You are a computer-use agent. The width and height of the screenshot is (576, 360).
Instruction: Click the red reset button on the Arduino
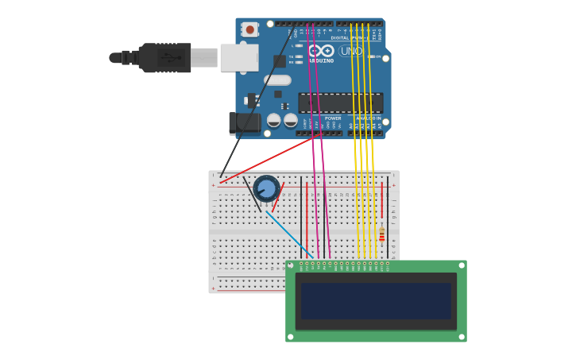pyautogui.click(x=250, y=29)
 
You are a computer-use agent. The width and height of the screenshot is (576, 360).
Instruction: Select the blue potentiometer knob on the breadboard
pyautogui.click(x=266, y=188)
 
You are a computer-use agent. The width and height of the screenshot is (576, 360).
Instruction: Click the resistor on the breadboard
pyautogui.click(x=382, y=234)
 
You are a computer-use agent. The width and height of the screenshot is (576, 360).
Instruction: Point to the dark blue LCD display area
pyautogui.click(x=376, y=301)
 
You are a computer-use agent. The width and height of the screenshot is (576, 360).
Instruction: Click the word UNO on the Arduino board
pyautogui.click(x=351, y=51)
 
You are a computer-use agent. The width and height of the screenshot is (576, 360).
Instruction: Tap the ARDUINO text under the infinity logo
pyautogui.click(x=321, y=60)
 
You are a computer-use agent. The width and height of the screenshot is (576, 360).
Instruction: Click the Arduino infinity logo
pyautogui.click(x=321, y=51)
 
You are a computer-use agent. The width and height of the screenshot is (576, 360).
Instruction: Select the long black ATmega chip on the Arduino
pyautogui.click(x=340, y=103)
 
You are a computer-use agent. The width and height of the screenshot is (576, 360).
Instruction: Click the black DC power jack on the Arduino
pyautogui.click(x=244, y=122)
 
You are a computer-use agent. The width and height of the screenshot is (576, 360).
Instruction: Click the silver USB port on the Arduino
pyautogui.click(x=238, y=57)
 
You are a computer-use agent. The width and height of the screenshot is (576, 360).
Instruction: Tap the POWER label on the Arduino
pyautogui.click(x=333, y=118)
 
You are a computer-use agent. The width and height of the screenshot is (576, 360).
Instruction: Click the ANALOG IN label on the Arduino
pyautogui.click(x=367, y=118)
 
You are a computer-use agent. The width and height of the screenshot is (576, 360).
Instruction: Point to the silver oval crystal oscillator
pyautogui.click(x=277, y=79)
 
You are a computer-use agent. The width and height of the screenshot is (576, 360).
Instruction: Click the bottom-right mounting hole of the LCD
pyautogui.click(x=462, y=337)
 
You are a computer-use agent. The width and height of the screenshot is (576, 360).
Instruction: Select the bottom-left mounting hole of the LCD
pyautogui.click(x=291, y=337)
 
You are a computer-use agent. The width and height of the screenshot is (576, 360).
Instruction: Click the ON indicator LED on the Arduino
pyautogui.click(x=371, y=56)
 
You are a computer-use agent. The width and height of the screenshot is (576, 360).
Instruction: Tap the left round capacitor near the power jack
pyautogui.click(x=273, y=120)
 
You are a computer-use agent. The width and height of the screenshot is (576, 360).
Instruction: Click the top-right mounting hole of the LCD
pyautogui.click(x=462, y=265)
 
